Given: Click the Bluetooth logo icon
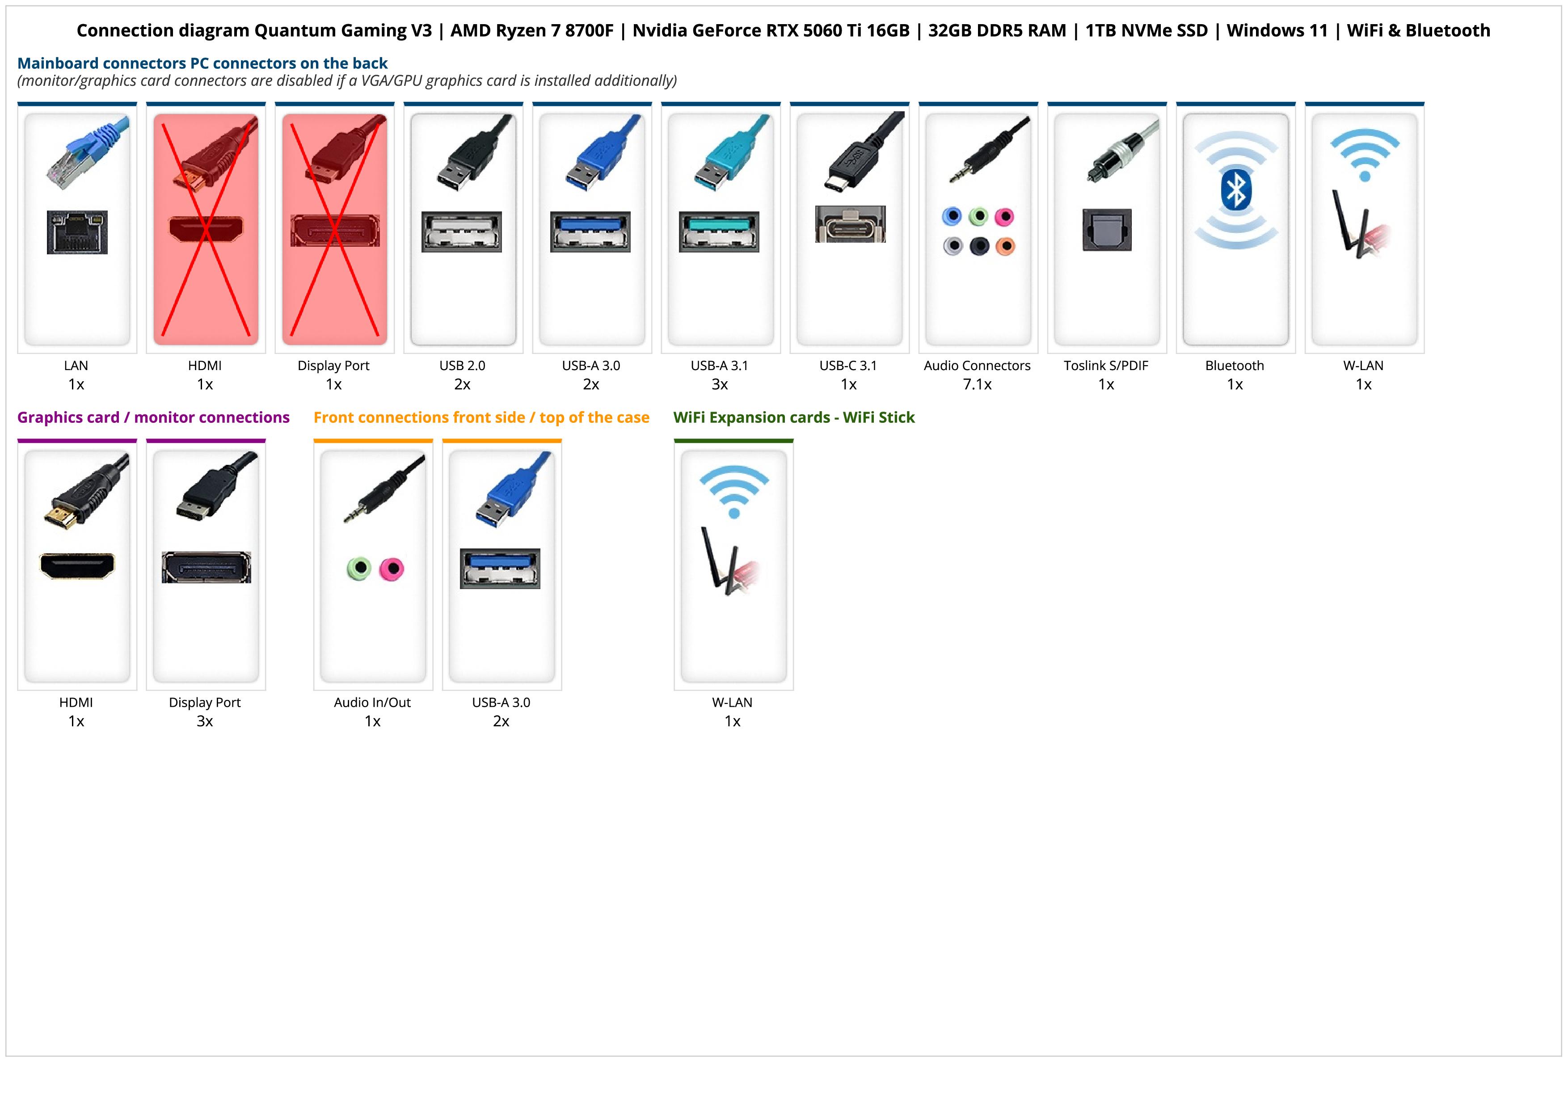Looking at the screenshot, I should (1235, 190).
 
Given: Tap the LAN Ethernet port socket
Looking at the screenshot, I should (77, 232).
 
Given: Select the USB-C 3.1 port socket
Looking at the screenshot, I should (850, 224).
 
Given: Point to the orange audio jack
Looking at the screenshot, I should (1005, 246).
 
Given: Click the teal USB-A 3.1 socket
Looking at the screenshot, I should (719, 232).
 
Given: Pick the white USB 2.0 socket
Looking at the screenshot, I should (462, 232).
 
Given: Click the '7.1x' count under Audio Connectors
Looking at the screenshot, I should (977, 384).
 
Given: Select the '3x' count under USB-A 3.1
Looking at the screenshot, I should (720, 384).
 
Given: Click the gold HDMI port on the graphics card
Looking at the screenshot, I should (77, 565).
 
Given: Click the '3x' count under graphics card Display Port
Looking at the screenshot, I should (205, 721).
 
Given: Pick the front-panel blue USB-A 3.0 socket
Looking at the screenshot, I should (500, 568).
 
